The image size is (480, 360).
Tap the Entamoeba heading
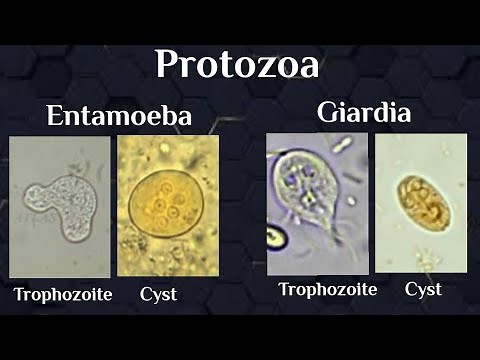click(x=118, y=115)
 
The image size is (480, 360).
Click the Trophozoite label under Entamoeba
click(x=63, y=295)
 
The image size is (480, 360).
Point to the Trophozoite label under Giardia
click(x=327, y=290)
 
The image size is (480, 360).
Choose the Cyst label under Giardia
click(x=423, y=290)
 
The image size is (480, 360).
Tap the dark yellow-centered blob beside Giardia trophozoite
click(x=275, y=238)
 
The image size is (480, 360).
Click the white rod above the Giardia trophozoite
click(x=343, y=146)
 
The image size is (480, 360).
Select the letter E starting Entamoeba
click(x=56, y=115)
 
